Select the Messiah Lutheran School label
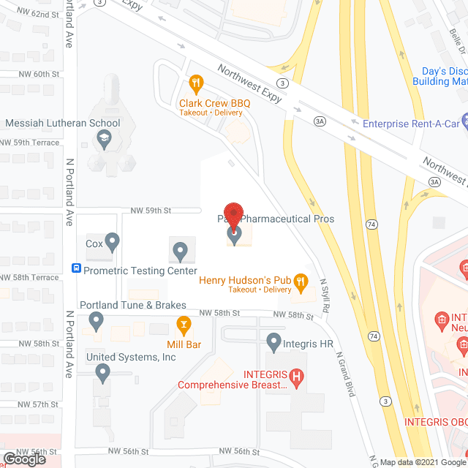[x=63, y=122]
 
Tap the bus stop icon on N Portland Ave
[x=75, y=269]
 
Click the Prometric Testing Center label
[x=140, y=271]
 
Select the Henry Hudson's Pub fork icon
[x=302, y=281]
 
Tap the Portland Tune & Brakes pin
[x=95, y=320]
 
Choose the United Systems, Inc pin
[x=102, y=373]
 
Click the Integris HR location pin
[x=273, y=340]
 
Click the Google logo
[x=25, y=458]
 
